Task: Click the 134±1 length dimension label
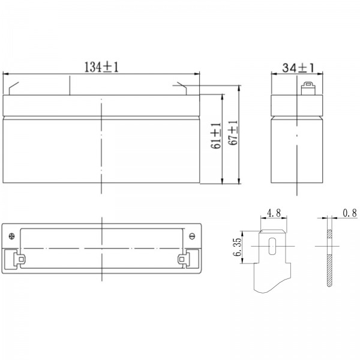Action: pos(102,67)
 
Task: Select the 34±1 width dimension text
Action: pos(298,68)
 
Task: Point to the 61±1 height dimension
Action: pos(216,136)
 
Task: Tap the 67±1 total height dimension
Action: pos(233,133)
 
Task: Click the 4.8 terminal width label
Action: pos(274,212)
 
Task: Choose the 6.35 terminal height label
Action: pos(238,247)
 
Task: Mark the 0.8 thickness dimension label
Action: pos(350,213)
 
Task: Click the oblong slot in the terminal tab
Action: pos(272,246)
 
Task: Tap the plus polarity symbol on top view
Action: pos(12,236)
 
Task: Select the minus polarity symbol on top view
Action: pos(192,236)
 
